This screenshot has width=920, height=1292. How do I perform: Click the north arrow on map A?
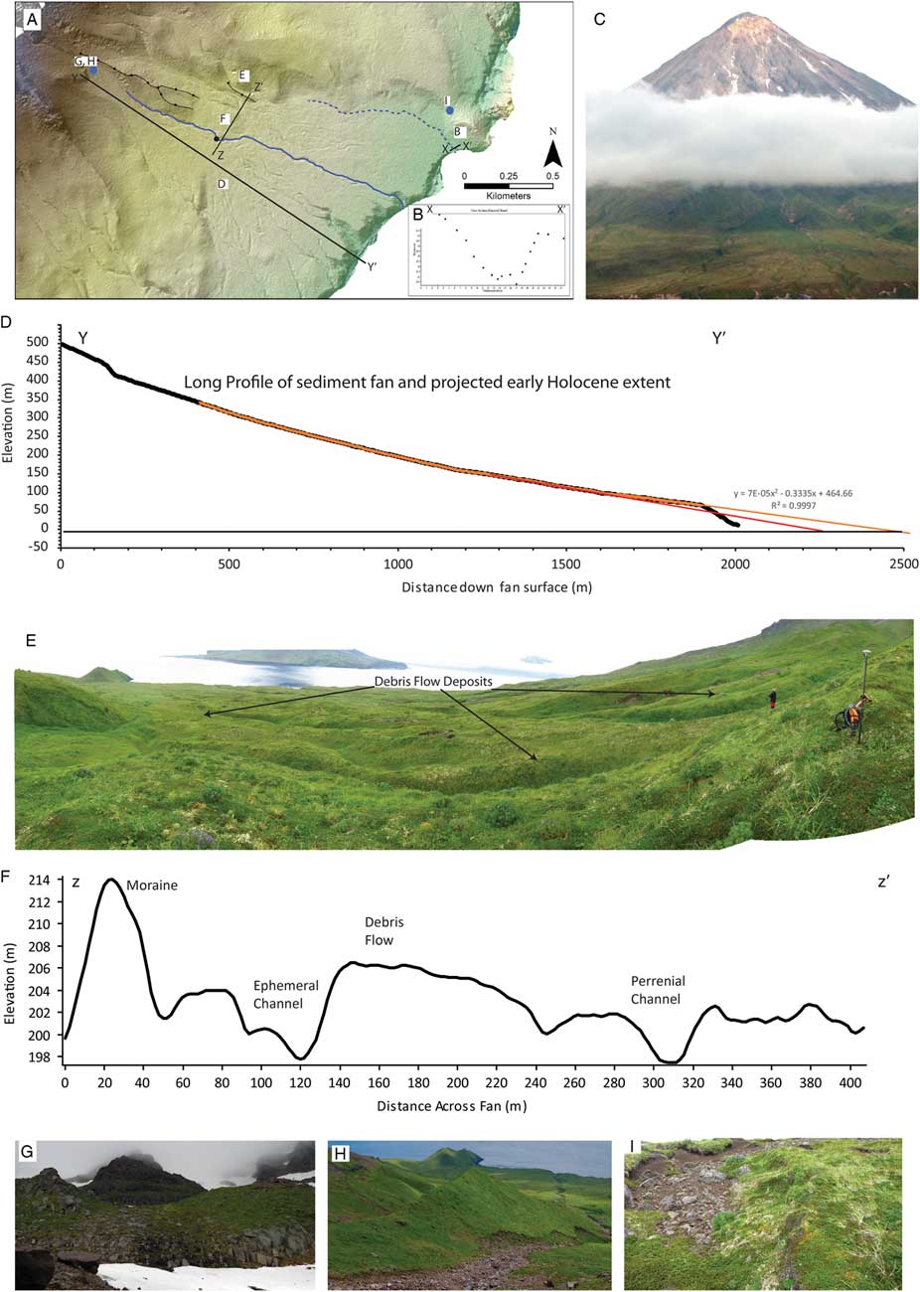(554, 152)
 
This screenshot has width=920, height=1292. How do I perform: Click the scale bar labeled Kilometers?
(508, 185)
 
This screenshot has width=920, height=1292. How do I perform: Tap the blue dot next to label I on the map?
(449, 111)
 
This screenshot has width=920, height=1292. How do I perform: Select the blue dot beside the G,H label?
(93, 71)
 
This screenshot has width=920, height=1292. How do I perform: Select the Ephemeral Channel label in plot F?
(286, 994)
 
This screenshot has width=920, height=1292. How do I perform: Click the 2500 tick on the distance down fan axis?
(902, 562)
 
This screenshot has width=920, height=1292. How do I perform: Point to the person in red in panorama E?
(772, 700)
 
